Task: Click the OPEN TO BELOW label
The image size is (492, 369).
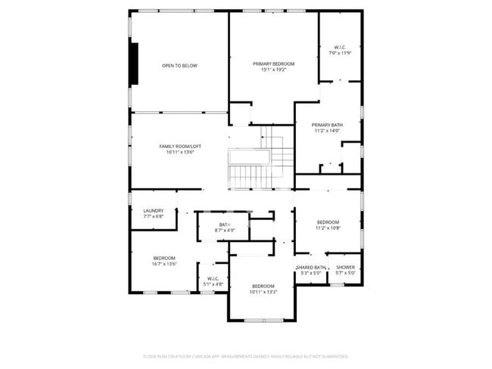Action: point(179,66)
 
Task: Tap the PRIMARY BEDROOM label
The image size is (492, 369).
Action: point(273,64)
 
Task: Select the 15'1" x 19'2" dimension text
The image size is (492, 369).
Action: point(273,70)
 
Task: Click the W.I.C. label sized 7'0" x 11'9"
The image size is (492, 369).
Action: point(340,48)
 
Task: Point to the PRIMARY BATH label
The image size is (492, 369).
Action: point(327,125)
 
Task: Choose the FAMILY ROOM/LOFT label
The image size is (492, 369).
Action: point(180,146)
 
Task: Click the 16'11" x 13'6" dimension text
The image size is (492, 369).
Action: point(180,153)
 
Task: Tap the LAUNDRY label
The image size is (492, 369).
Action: point(154,210)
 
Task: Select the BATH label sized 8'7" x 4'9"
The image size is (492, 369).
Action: point(225,225)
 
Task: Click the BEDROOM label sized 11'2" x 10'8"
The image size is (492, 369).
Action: point(328,222)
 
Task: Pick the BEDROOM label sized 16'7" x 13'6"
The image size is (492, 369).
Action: point(164,258)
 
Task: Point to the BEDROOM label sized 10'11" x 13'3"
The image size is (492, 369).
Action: point(263,286)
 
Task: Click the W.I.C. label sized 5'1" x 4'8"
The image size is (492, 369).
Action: point(213,278)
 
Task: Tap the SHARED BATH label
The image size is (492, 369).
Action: point(310,267)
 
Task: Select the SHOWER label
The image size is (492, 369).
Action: point(345,267)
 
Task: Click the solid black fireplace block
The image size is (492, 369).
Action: point(135,64)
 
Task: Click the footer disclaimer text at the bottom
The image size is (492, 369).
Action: point(246,355)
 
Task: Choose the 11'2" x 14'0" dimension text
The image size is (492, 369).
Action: point(327,131)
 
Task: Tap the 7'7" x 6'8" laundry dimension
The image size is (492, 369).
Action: point(154,216)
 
